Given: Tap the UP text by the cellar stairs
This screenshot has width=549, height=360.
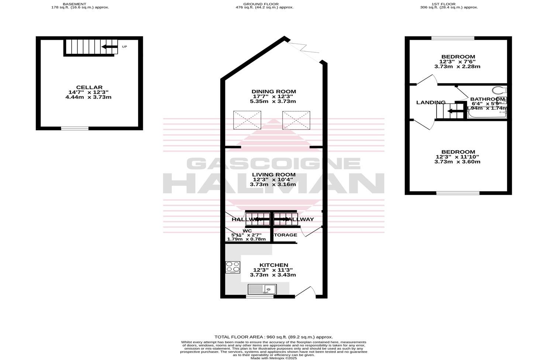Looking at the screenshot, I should point(124,47).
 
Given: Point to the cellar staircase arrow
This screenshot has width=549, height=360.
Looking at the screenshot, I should point(109,47).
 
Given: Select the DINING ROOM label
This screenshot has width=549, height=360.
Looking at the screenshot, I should point(274,91).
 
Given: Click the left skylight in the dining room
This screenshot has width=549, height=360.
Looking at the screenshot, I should point(247,120).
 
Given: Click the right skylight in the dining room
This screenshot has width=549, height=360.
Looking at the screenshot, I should point(296,120).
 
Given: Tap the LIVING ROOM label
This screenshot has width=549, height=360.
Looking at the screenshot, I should point(274,174).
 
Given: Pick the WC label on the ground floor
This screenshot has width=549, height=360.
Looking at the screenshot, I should point(247,231).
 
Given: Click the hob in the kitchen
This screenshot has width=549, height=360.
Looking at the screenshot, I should point(233,267).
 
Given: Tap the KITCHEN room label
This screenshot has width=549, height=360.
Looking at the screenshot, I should point(274,265).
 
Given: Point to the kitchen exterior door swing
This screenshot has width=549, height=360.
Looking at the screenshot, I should point(309,291).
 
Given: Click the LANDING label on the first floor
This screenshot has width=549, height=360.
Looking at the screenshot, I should point(431,103).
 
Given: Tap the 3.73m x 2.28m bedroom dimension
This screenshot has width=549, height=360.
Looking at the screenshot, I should point(457,67).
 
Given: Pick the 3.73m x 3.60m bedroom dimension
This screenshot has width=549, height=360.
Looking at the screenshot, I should point(457,162).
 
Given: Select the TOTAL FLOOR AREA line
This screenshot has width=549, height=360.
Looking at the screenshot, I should point(274,337).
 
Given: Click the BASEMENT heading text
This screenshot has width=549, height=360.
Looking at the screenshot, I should point(75,4).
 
